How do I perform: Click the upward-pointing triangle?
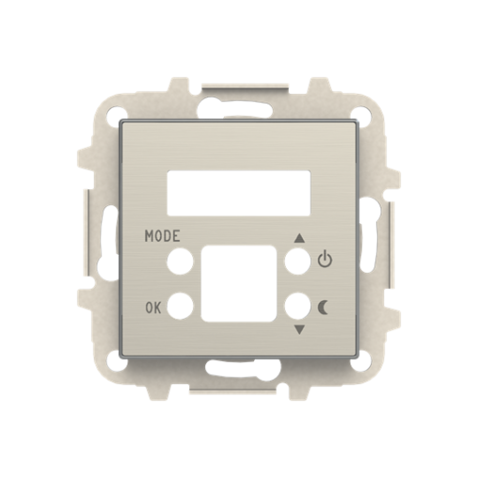[300, 237]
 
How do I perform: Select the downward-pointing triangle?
[300, 329]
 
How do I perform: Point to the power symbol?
[325, 259]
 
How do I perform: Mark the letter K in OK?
[158, 306]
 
